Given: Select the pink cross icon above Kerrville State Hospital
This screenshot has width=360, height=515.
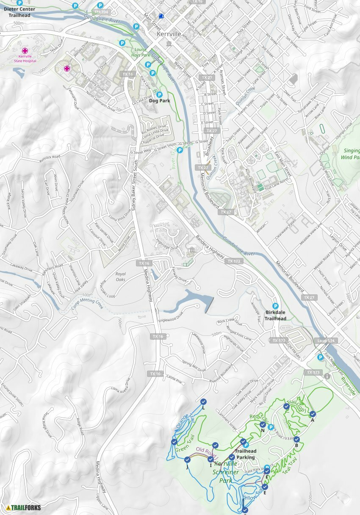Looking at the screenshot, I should [x=25, y=50].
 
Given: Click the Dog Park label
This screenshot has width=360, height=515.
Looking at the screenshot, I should [x=159, y=101].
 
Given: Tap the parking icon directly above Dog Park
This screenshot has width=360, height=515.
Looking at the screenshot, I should [x=159, y=94].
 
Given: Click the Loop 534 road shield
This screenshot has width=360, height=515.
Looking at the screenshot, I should [x=324, y=341].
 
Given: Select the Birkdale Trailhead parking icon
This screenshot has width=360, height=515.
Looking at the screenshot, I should [x=275, y=306].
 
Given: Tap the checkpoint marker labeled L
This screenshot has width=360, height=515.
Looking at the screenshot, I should [x=203, y=401].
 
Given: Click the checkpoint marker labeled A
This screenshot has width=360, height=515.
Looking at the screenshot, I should [x=313, y=414].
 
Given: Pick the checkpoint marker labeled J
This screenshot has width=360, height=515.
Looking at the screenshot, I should [x=187, y=460].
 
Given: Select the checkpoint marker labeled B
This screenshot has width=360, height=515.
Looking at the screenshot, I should [x=296, y=439].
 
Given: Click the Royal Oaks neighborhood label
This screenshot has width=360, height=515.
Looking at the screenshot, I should [x=121, y=277].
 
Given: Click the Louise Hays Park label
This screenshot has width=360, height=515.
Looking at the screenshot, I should [x=140, y=53].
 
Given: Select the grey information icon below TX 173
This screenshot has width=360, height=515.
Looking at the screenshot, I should [x=327, y=376].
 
